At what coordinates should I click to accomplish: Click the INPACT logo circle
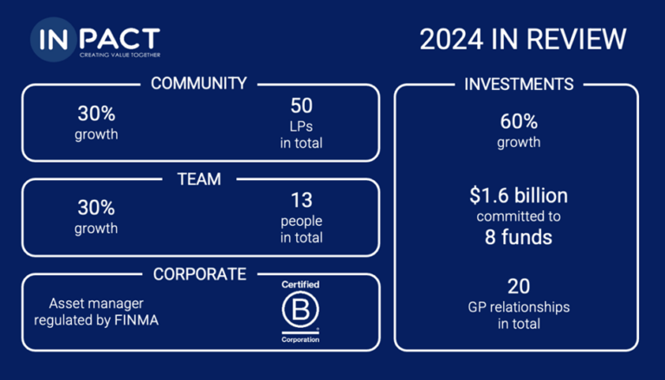pyautogui.click(x=54, y=40)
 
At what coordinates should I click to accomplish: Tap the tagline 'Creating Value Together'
pyautogui.click(x=120, y=55)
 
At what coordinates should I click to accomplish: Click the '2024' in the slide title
pyautogui.click(x=451, y=40)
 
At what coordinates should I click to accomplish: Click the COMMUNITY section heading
pyautogui.click(x=198, y=84)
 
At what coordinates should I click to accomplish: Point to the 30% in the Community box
pyautogui.click(x=96, y=113)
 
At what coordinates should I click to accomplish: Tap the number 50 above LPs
pyautogui.click(x=301, y=106)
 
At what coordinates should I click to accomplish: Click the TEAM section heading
pyautogui.click(x=199, y=179)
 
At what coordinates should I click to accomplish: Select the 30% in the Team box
pyautogui.click(x=96, y=208)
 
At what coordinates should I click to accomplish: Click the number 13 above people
pyautogui.click(x=301, y=200)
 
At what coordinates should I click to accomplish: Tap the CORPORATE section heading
pyautogui.click(x=200, y=274)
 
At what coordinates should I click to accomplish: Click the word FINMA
pyautogui.click(x=137, y=320)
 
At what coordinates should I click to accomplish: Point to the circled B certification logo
pyautogui.click(x=300, y=309)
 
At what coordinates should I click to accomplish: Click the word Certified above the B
pyautogui.click(x=300, y=285)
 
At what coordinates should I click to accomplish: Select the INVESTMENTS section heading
pyautogui.click(x=519, y=84)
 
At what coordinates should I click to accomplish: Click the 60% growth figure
pyautogui.click(x=519, y=122)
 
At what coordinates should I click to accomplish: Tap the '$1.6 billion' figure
pyautogui.click(x=519, y=196)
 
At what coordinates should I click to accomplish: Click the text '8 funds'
pyautogui.click(x=519, y=237)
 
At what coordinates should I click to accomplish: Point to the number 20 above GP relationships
pyautogui.click(x=519, y=287)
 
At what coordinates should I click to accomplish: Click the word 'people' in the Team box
pyautogui.click(x=301, y=222)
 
